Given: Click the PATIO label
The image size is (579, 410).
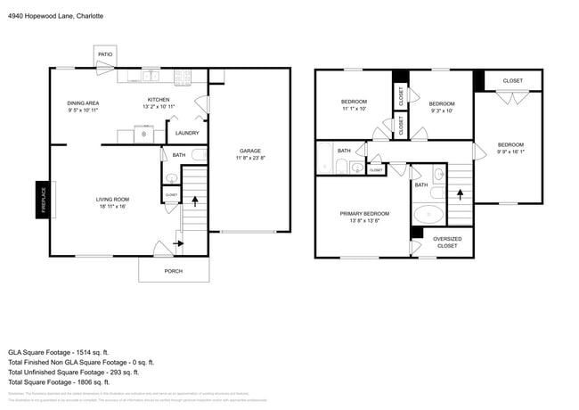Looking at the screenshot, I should [105, 55].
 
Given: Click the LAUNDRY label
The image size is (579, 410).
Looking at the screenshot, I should [187, 133].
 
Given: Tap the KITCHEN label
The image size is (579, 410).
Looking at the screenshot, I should [159, 100].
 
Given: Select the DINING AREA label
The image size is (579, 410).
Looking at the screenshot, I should [84, 103].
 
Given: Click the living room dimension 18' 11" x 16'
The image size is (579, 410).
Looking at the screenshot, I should [113, 207].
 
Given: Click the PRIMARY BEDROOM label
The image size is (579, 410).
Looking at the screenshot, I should [365, 213].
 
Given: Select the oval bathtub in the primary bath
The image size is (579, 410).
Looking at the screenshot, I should [430, 215].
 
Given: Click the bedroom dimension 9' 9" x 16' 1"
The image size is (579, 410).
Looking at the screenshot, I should [510, 152].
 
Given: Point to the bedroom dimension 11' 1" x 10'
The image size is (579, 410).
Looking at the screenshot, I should [354, 109].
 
